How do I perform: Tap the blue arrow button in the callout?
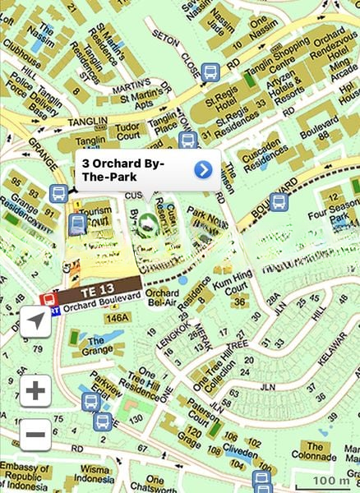203,170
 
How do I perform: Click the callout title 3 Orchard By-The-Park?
124,171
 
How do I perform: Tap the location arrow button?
35,322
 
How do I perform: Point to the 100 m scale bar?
332,481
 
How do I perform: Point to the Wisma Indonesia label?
93,474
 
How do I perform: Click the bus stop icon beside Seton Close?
210,72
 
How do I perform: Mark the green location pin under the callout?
148,221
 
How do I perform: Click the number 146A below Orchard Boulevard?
118,318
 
